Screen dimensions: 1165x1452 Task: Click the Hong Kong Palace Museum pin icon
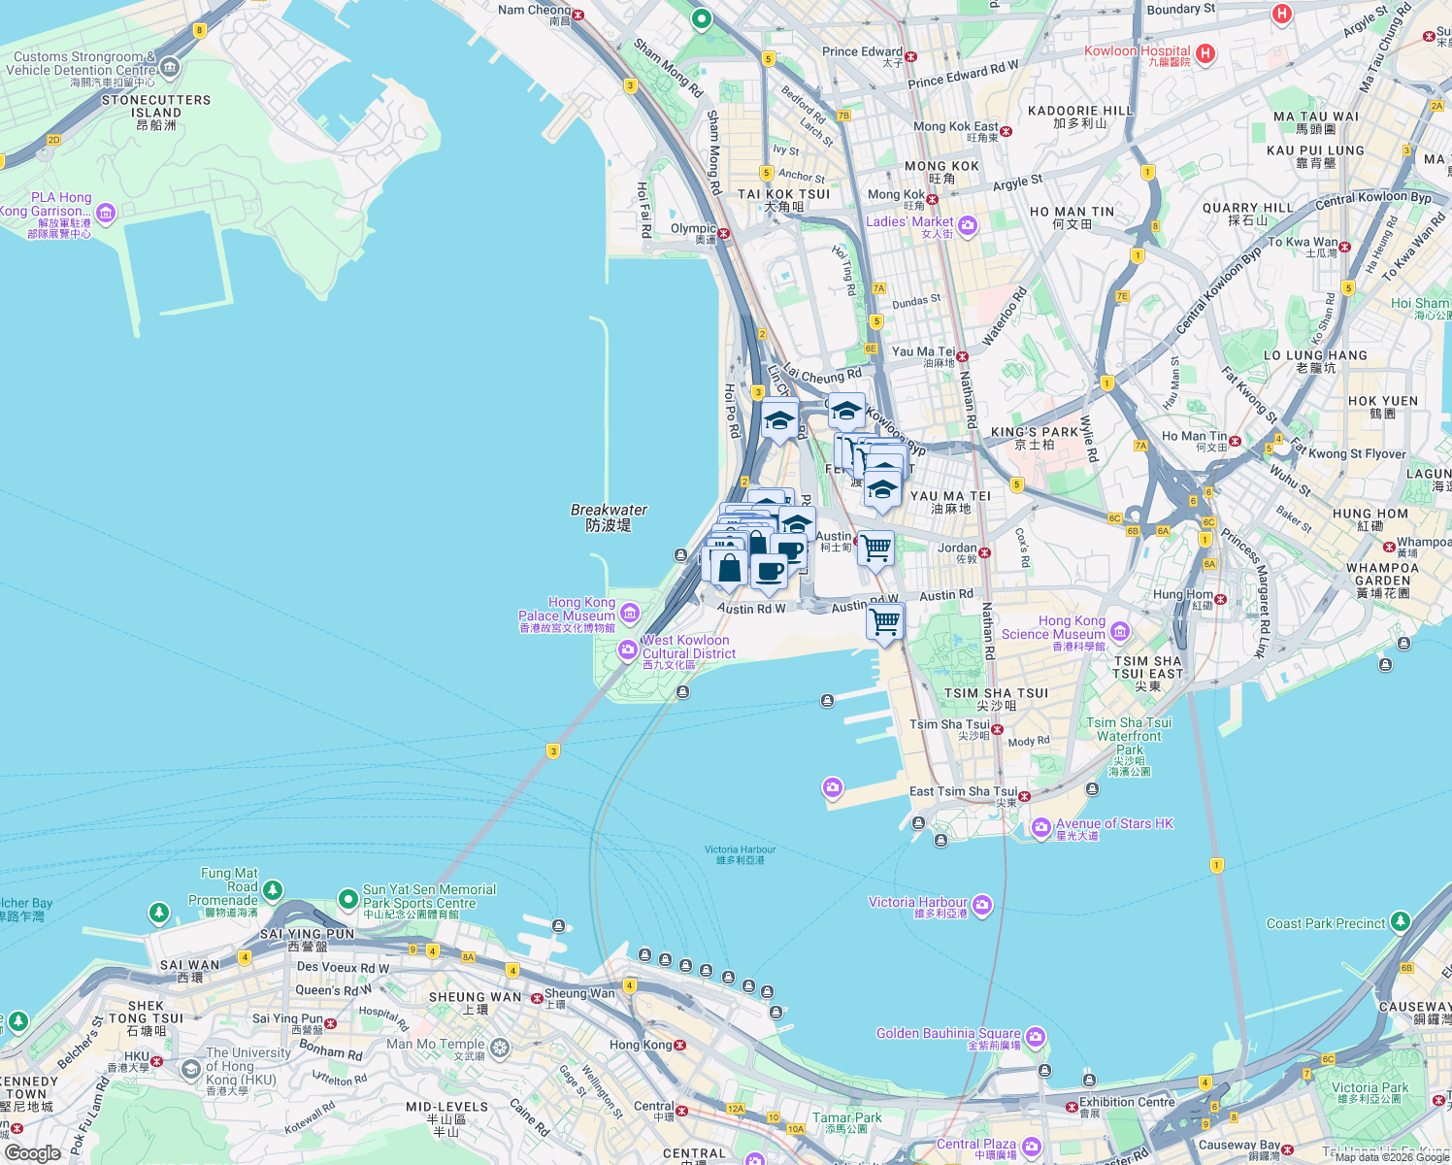click(x=630, y=613)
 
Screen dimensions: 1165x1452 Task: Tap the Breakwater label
click(x=609, y=517)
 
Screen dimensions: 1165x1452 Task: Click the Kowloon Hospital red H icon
click(x=1205, y=53)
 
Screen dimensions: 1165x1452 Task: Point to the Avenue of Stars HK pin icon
click(x=1040, y=827)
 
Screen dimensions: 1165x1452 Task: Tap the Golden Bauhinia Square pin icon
click(x=1036, y=1037)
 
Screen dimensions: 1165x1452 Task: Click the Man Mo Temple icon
click(x=500, y=1048)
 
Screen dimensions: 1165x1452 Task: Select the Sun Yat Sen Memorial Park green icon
click(x=347, y=900)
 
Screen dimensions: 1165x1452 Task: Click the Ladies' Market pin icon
click(x=968, y=226)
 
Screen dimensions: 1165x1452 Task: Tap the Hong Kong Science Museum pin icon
click(x=1120, y=632)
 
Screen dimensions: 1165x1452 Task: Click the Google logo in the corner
click(x=32, y=1152)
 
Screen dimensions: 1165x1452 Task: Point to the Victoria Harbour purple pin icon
click(x=982, y=906)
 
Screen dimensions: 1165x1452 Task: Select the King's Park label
click(x=1035, y=432)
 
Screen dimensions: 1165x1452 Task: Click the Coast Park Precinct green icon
click(x=1400, y=920)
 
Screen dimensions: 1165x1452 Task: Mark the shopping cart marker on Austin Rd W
click(x=885, y=621)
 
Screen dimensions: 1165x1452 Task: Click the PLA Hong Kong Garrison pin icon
click(x=106, y=212)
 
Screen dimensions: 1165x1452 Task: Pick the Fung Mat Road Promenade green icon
click(x=273, y=889)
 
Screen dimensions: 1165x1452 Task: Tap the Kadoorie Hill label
click(x=1080, y=111)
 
